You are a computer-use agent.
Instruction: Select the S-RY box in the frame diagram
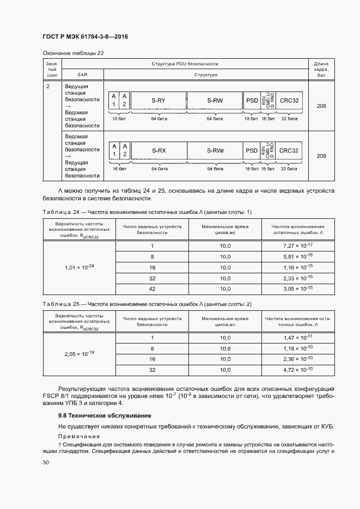[x=158, y=101]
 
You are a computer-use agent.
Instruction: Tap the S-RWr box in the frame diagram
[x=215, y=151]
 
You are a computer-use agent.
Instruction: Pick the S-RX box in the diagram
[x=158, y=151]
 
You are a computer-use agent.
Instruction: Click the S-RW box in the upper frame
[x=215, y=101]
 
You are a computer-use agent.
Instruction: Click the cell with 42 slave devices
[x=152, y=288]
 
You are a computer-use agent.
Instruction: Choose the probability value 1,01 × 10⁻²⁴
[x=80, y=267]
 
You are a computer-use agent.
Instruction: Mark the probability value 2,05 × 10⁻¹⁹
[x=80, y=353]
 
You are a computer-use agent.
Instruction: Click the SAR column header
[x=83, y=74]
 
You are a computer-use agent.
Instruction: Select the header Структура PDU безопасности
[x=185, y=64]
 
